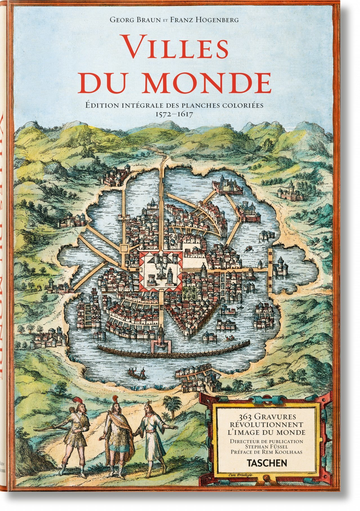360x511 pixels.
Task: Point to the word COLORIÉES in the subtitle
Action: (244, 106)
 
